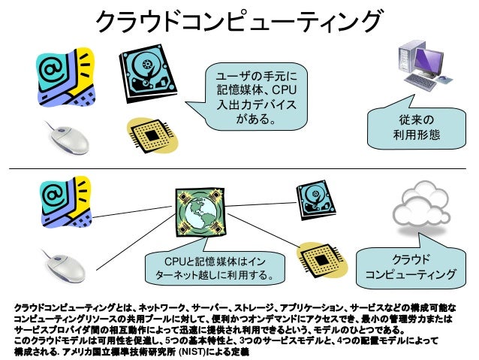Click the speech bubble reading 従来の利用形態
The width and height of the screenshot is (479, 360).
coord(414,128)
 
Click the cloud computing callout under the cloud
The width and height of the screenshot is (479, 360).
coord(410,267)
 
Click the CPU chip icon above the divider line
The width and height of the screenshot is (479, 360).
coord(156,137)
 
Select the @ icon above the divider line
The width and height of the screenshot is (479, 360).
coord(67,75)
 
